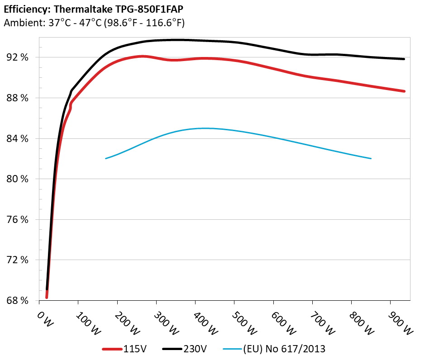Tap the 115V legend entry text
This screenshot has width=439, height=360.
tap(135, 349)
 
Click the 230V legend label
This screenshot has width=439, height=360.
tap(196, 349)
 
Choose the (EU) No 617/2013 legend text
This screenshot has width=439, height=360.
tap(284, 349)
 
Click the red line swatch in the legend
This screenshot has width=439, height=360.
tap(113, 349)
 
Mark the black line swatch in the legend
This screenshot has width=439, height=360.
tap(172, 349)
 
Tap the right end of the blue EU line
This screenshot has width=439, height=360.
tap(371, 158)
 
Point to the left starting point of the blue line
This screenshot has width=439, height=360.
tap(106, 158)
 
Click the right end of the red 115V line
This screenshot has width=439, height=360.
tap(404, 91)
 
